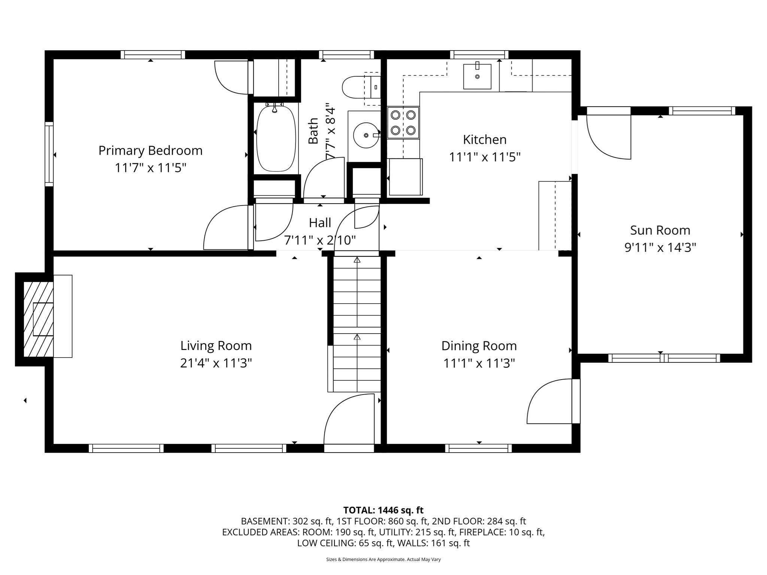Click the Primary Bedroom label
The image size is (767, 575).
point(150,150)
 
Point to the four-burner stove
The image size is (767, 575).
point(403,122)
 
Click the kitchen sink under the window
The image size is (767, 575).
point(477,76)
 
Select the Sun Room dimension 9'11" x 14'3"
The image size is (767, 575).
point(660,247)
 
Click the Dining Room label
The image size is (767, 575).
point(479,346)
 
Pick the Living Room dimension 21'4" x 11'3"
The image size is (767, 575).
point(216,363)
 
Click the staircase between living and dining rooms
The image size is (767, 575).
point(357,322)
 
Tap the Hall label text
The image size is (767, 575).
point(320,223)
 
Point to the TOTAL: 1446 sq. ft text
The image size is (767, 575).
point(383,510)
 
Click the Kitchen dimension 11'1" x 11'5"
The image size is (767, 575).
point(485,157)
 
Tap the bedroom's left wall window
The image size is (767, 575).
point(49,154)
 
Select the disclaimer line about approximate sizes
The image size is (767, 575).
point(383,559)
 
